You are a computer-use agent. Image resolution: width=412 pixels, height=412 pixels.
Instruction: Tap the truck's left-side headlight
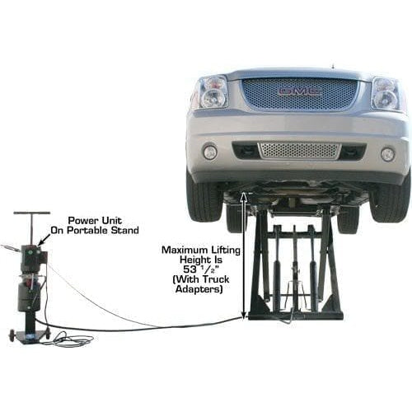(212, 92)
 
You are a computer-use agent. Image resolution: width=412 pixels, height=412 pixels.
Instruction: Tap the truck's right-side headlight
(386, 93)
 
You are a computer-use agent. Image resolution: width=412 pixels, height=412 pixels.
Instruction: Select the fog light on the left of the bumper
(211, 152)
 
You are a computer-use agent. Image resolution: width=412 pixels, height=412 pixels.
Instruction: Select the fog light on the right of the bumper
(387, 154)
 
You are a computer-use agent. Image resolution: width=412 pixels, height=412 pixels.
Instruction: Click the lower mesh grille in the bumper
(298, 150)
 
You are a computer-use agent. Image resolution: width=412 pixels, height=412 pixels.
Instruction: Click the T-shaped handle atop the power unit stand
(26, 215)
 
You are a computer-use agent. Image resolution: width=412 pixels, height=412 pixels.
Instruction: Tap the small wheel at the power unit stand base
(13, 335)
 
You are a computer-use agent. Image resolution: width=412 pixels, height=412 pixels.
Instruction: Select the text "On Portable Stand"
(103, 231)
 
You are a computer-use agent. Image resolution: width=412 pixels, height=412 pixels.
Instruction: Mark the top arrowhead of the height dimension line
(243, 196)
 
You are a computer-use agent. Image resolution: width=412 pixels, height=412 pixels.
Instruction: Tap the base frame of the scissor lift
(295, 314)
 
